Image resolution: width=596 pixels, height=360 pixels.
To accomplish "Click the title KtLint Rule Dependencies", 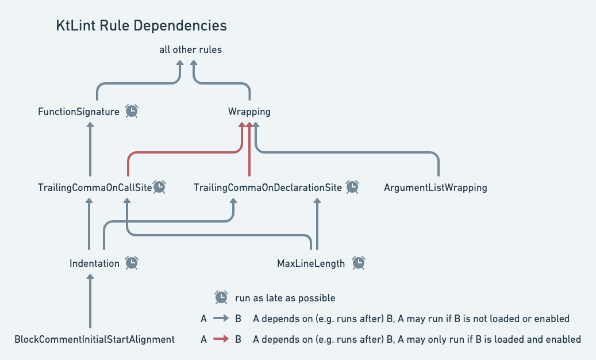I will [141, 26].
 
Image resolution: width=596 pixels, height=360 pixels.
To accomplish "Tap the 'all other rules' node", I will [190, 49].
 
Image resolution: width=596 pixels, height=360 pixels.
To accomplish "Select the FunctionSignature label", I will [79, 112].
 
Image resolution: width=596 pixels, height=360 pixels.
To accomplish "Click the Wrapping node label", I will [249, 112].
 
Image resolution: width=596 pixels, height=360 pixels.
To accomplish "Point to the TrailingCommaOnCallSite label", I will [95, 187].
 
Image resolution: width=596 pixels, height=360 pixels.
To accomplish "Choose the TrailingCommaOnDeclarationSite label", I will [268, 187].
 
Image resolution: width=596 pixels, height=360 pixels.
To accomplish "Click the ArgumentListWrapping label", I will [435, 187].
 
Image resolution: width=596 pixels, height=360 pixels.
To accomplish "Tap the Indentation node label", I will [94, 263].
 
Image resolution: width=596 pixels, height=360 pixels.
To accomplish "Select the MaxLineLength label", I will [311, 263].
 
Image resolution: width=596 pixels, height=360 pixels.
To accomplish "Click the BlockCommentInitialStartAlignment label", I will [94, 339].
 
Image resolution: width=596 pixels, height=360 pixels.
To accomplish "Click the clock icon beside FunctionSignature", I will [132, 111].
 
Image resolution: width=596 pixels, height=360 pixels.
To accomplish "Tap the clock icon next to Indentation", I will [132, 263].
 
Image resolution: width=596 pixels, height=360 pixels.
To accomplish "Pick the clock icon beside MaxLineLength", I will [359, 263].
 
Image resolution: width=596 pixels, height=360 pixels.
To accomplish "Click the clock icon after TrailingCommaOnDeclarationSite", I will [352, 186].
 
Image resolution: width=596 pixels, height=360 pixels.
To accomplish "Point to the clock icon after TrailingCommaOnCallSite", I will [159, 186].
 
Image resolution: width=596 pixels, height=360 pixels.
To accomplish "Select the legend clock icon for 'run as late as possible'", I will [221, 297].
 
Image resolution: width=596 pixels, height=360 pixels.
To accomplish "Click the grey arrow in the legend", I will [221, 319].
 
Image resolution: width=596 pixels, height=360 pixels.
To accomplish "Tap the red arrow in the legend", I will [221, 339].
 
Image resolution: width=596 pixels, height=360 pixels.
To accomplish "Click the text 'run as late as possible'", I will [285, 298].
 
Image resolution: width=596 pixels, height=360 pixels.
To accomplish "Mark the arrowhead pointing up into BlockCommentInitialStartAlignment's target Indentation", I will [90, 277].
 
